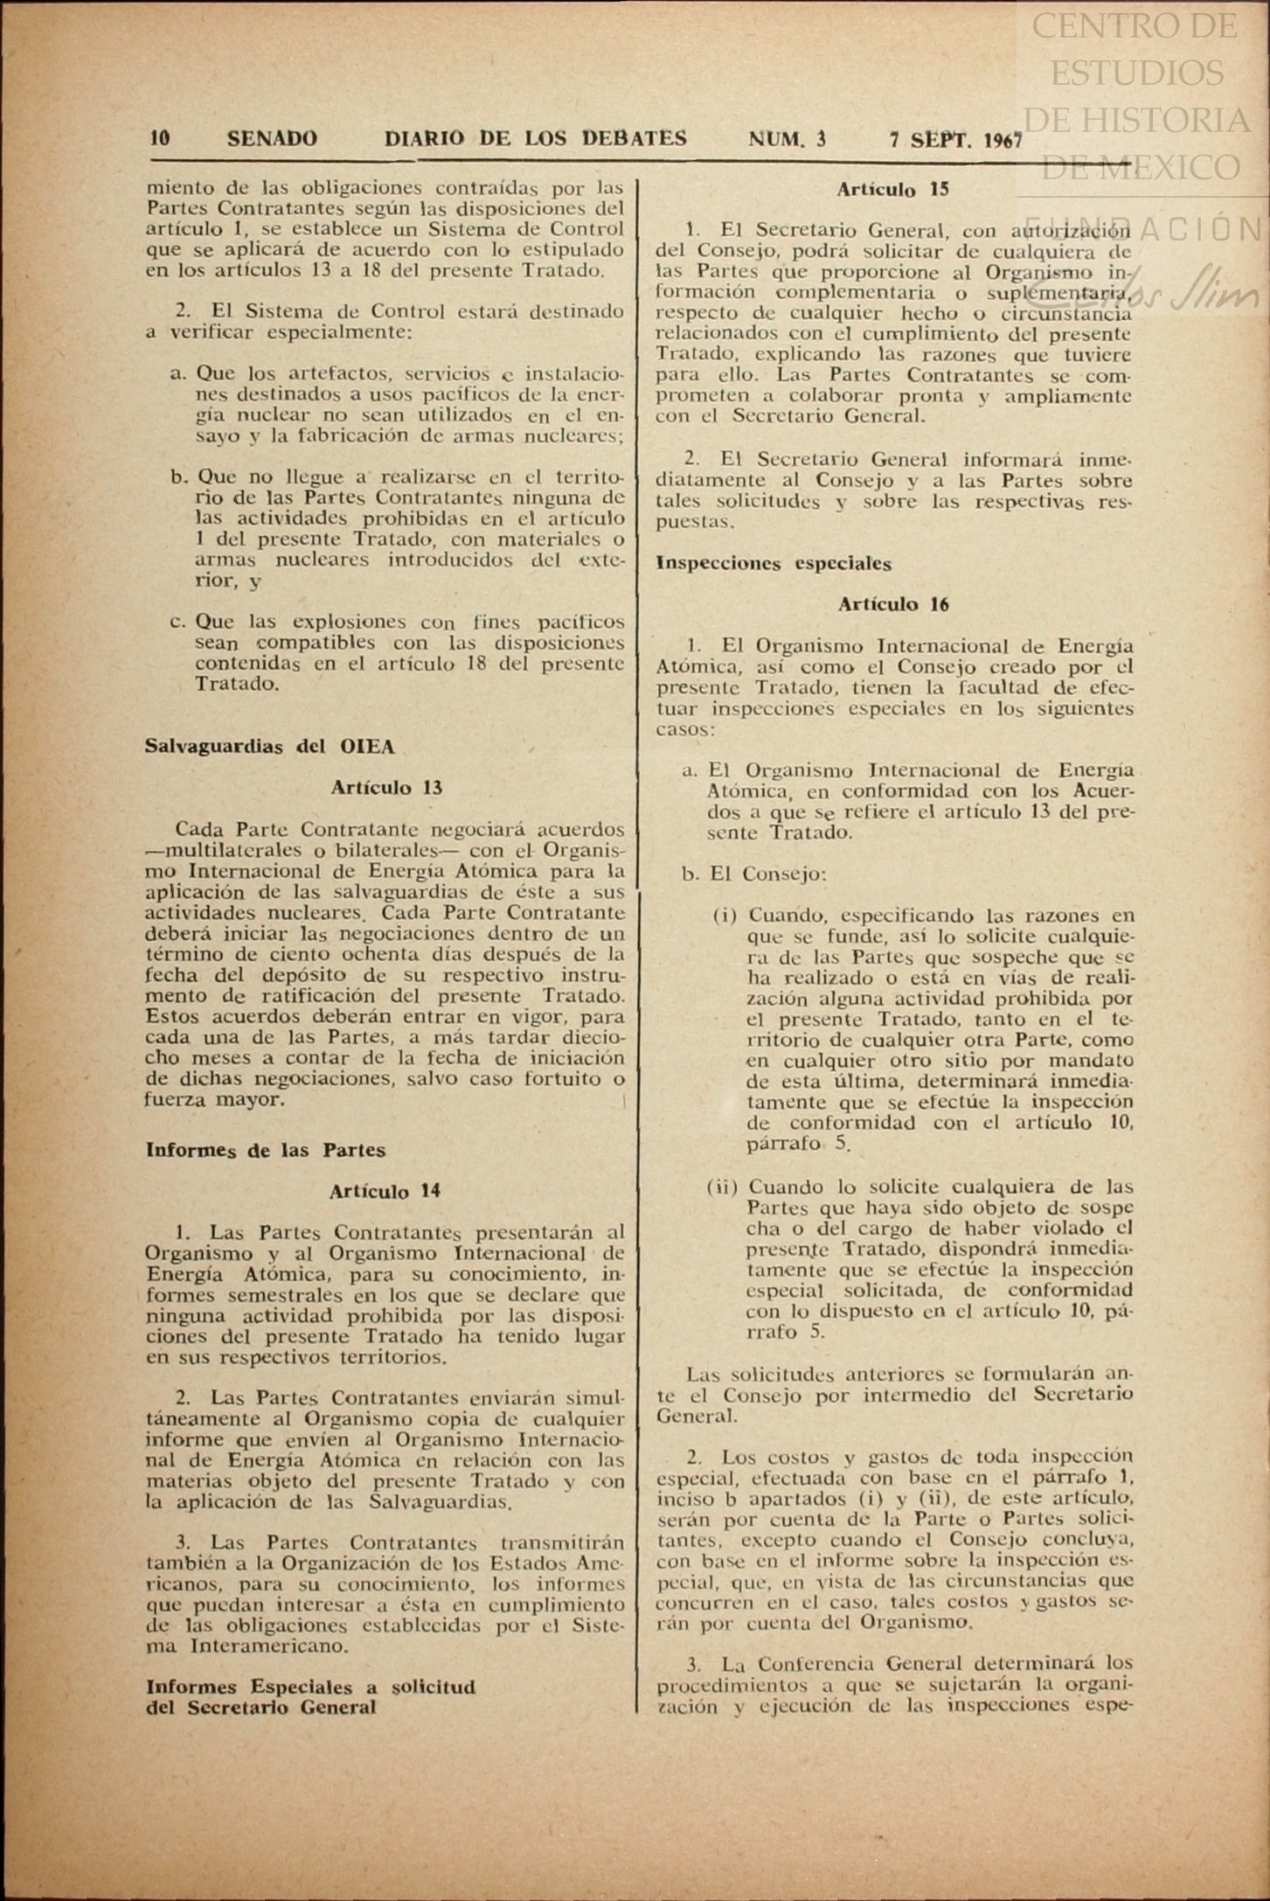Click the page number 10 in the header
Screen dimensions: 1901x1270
(x=160, y=138)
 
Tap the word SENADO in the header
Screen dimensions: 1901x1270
(x=272, y=138)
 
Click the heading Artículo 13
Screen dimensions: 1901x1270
(x=386, y=787)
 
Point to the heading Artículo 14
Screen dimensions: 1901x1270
(x=385, y=1190)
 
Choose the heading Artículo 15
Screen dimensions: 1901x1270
(x=892, y=189)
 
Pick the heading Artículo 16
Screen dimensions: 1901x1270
(x=893, y=604)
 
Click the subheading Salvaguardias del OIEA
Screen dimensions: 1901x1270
(x=270, y=746)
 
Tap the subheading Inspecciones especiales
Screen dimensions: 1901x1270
(x=774, y=564)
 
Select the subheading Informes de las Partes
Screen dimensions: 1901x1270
(x=266, y=1150)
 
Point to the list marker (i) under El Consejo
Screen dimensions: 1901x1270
(x=725, y=916)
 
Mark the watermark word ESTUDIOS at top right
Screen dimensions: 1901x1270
(x=1136, y=73)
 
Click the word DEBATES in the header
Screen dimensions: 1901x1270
(x=634, y=138)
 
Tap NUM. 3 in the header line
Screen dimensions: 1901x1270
(x=788, y=139)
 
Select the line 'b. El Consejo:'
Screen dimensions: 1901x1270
(x=754, y=874)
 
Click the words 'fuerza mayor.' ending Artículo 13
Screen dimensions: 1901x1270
(x=215, y=1099)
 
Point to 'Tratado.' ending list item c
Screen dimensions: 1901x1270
(x=237, y=683)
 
